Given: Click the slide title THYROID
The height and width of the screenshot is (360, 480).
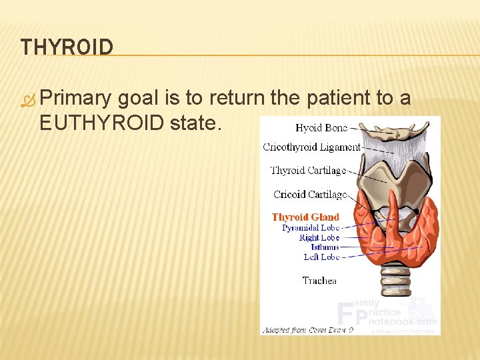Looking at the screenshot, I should tap(67, 47).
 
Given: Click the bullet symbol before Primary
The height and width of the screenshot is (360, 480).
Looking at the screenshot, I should tap(27, 99).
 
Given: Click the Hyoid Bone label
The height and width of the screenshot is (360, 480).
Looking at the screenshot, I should tap(321, 128).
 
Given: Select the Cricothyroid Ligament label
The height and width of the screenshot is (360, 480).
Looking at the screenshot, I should tap(311, 147).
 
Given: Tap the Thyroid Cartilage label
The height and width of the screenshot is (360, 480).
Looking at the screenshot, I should tap(308, 171).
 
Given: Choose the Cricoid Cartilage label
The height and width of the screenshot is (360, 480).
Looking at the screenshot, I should tap(309, 195).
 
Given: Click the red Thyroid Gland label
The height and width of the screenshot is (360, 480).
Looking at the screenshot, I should tap(305, 217).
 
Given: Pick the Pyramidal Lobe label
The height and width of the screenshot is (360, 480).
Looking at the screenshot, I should tap(311, 227).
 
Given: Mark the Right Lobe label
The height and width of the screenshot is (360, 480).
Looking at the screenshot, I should tap(319, 237).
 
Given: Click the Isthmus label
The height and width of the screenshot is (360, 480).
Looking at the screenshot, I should tap(325, 247).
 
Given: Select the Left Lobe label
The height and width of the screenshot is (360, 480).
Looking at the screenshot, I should tap(321, 257).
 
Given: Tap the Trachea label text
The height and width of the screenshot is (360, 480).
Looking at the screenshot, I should tap(319, 281).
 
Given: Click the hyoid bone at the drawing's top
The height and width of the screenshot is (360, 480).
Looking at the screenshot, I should tap(393, 133).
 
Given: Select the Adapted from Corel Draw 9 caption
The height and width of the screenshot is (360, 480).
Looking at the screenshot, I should tap(307, 330).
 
